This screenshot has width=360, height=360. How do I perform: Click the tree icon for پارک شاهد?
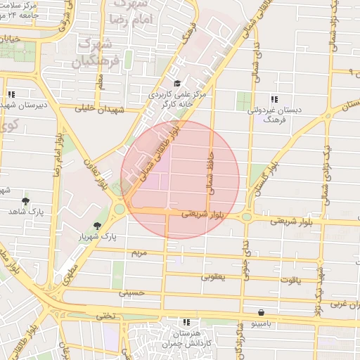coord(26,201)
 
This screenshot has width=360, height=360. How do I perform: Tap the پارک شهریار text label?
coord(98,237)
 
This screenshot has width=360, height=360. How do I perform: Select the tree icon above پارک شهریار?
coord(97,226)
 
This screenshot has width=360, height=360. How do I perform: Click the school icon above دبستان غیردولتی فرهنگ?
coord(274,99)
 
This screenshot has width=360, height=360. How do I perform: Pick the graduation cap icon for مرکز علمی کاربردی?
coord(177,84)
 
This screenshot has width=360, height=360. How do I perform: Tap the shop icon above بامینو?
coord(261,313)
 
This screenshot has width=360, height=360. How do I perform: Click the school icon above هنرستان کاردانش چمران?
coord(186,321)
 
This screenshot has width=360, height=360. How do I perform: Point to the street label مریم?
coord(139,252)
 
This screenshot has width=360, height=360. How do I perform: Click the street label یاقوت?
coord(289,280)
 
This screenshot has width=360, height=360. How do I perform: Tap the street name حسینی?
coord(131,292)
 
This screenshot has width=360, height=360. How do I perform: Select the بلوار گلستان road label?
coord(266,176)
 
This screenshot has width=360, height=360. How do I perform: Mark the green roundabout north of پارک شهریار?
coord(120,209)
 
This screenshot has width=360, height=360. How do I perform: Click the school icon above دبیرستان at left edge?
coord(11,94)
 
